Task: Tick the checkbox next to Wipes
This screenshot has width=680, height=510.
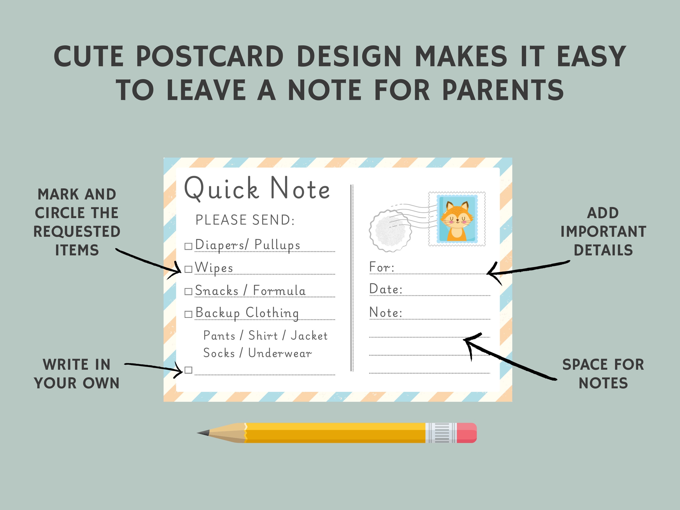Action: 188,269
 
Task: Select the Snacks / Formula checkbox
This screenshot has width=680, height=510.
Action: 188,291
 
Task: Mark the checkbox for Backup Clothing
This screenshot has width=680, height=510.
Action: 188,314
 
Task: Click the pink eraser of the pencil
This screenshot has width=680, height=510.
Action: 466,432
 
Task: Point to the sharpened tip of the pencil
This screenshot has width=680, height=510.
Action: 201,433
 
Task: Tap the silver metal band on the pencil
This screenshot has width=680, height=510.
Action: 441,432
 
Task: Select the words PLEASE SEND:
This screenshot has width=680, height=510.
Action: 245,220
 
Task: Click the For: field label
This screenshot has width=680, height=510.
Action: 382,267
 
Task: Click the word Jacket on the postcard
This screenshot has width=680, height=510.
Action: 309,336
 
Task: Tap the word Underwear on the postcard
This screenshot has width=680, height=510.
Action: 280,353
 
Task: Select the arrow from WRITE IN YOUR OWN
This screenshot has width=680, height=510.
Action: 154,367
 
